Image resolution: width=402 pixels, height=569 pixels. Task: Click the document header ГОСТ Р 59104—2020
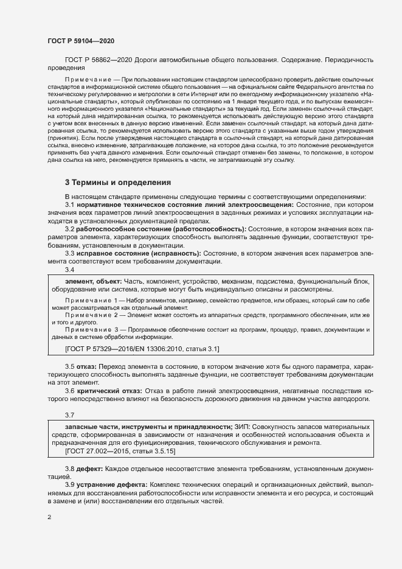click(x=80, y=41)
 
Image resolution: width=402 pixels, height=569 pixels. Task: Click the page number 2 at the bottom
click(x=49, y=517)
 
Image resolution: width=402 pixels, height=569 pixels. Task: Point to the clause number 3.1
click(x=70, y=205)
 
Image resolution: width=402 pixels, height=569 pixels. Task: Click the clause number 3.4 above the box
click(x=70, y=269)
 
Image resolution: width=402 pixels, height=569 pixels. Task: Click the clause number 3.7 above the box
click(x=70, y=415)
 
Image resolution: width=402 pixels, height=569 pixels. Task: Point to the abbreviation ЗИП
click(x=241, y=427)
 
